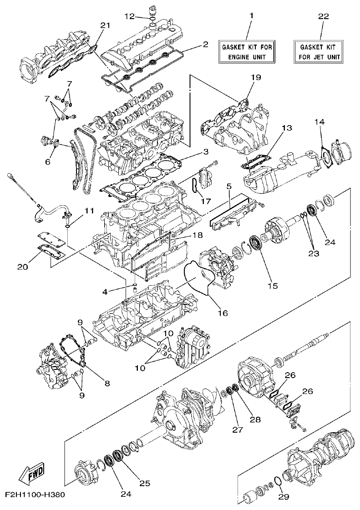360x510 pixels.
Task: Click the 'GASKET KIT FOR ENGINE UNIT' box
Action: (x=248, y=52)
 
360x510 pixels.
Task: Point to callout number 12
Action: (x=129, y=16)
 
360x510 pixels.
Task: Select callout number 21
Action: (x=105, y=25)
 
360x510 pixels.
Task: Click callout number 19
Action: (x=256, y=77)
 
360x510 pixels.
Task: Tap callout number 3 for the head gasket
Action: (x=206, y=151)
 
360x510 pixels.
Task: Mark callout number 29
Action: (x=283, y=497)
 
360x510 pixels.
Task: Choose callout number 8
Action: (x=107, y=383)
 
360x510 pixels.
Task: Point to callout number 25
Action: (x=144, y=483)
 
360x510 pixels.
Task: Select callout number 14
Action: (x=320, y=121)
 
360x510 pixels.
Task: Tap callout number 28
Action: (x=255, y=419)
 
